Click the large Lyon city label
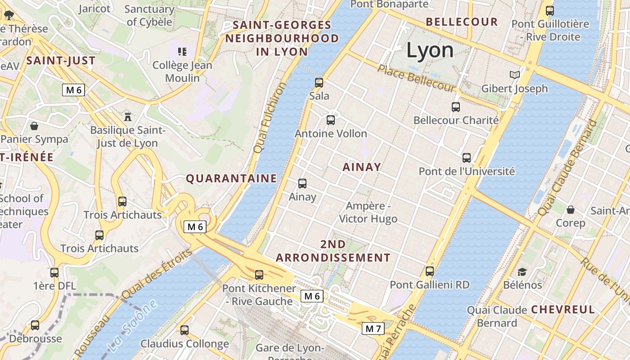coord(430,50)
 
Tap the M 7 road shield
coord(373,328)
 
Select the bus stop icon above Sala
coord(319,82)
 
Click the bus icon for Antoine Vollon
coord(331,120)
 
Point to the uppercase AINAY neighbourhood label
coord(362,167)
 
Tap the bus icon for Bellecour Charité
coord(456,107)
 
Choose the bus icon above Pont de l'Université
coord(467,158)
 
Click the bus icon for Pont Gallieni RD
coord(430,271)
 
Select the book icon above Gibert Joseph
coord(514,75)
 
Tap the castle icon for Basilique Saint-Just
coord(128,117)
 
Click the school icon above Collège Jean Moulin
coord(182,52)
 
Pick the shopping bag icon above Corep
coord(571,210)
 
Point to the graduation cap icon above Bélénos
coord(522,272)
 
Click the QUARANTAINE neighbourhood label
coord(231,179)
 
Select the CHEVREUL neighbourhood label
coord(563,310)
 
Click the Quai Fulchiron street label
coord(270,117)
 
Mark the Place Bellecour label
coord(416,78)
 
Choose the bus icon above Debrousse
coord(35,325)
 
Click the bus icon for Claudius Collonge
coord(184,330)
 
